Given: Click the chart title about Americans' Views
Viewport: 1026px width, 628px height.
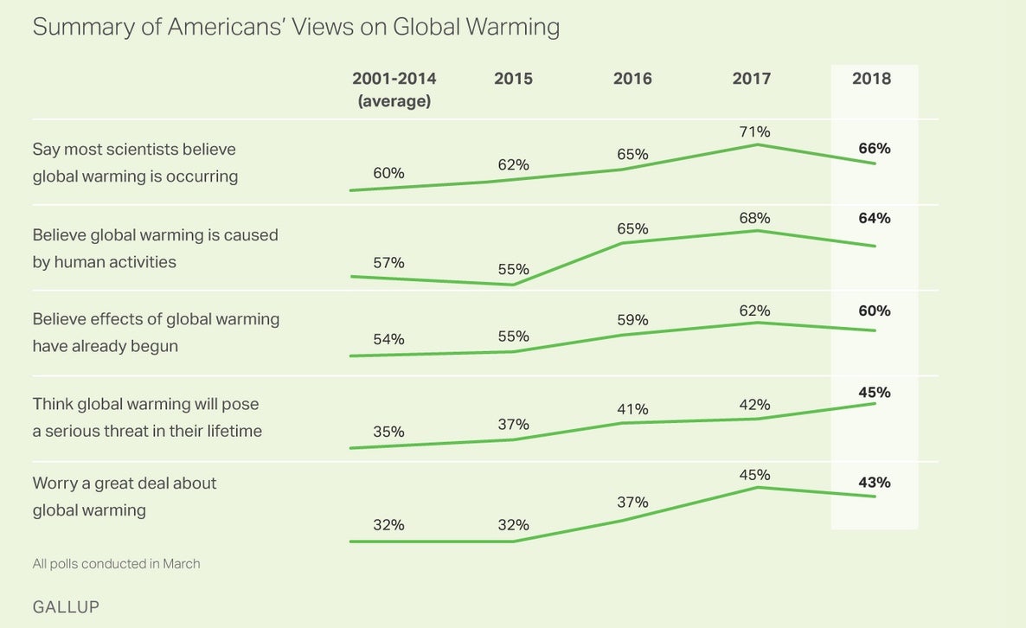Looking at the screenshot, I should [296, 28].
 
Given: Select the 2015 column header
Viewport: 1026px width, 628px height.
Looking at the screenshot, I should [513, 79].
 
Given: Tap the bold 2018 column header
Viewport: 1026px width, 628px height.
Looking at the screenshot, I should [871, 79].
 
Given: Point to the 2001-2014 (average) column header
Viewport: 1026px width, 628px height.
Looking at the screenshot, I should [394, 89].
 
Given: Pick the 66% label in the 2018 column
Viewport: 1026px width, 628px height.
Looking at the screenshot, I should [875, 148].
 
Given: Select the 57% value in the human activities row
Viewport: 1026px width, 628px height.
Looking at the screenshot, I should [388, 262].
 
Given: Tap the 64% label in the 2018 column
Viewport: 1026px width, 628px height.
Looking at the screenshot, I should [875, 218].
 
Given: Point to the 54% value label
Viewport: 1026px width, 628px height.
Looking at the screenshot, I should [388, 339].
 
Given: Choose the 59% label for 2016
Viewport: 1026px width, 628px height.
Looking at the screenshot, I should [632, 319].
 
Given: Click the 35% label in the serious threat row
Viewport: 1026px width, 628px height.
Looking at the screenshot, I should [388, 432].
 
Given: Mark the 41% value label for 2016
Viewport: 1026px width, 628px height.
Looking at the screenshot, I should [632, 408].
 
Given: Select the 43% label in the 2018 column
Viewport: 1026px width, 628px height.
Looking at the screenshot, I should [875, 483].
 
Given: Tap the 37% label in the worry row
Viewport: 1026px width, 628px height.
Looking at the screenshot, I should [632, 502].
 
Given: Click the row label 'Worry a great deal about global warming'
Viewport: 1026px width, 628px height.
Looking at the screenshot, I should [125, 497].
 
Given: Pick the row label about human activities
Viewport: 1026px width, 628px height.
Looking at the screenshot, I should [156, 248].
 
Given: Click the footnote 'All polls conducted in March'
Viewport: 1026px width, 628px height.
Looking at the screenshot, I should [116, 564].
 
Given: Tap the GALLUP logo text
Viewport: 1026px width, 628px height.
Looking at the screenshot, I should [66, 607].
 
